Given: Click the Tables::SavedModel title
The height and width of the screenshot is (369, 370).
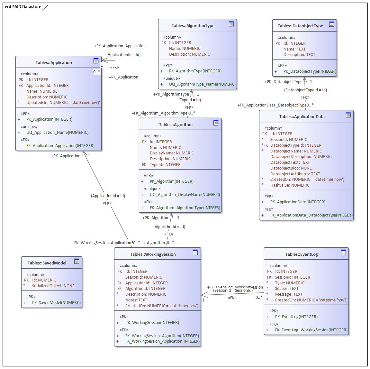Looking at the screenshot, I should pos(47,263).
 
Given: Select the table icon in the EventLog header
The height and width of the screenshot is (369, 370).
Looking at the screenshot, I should pos(343,253).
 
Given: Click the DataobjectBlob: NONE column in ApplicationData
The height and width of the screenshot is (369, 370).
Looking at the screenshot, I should pos(291,168).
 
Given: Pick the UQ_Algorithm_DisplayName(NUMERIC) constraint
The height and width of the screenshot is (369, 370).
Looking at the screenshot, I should pos(185,195).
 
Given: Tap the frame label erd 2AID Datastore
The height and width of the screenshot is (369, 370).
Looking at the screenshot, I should pos(23,6).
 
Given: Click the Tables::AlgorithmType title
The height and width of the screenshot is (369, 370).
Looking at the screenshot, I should pos(193,25).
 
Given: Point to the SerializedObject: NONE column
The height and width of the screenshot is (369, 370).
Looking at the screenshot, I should pos(53,286).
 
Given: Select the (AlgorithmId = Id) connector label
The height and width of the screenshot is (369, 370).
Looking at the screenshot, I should pos(169,226).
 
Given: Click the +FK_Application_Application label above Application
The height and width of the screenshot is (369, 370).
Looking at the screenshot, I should pos(120,46).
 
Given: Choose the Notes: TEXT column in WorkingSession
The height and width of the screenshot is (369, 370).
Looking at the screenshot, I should pos(136,300).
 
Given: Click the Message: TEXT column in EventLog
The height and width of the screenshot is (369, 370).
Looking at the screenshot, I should pos(288,294).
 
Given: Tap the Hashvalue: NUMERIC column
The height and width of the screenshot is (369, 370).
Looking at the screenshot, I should pos(290,185).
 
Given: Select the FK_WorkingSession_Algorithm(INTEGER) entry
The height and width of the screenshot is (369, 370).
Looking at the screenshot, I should pos(162,336).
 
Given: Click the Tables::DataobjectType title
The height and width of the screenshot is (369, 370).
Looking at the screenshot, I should pos(300,26).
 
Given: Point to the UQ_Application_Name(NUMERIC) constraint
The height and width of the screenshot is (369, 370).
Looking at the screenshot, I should pos(57,132).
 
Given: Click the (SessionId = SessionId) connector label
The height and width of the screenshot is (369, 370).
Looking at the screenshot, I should pos(233,290).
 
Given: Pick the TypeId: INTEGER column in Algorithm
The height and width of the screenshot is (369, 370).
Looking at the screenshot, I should pos(165,164).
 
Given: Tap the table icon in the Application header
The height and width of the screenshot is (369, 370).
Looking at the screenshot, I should pos(96,61).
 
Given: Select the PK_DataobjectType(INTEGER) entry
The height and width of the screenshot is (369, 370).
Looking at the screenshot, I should pos(310,71).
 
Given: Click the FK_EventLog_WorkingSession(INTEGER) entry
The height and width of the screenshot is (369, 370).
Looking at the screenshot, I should pos(311,330).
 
